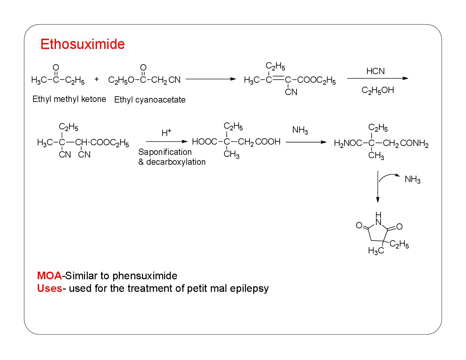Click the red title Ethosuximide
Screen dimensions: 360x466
[x=82, y=44]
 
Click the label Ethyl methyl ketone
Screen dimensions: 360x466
[x=69, y=99]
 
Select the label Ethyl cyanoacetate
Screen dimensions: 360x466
[x=150, y=100]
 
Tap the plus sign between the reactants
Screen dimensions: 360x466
[x=97, y=79]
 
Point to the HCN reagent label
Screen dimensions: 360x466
[x=375, y=71]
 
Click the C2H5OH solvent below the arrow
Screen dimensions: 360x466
[x=378, y=90]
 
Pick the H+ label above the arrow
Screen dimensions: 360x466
[x=166, y=133]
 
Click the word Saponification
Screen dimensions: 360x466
[x=165, y=152]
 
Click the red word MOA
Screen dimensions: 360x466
[x=49, y=276]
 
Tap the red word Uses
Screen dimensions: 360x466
[x=49, y=288]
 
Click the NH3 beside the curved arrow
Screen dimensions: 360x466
[x=412, y=180]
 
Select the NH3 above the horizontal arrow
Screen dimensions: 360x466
[x=300, y=130]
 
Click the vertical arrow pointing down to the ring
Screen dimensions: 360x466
[x=378, y=187]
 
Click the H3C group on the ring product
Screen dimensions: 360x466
[x=376, y=251]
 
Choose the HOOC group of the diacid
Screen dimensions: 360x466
[x=205, y=142]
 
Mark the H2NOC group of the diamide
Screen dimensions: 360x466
[x=348, y=143]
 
